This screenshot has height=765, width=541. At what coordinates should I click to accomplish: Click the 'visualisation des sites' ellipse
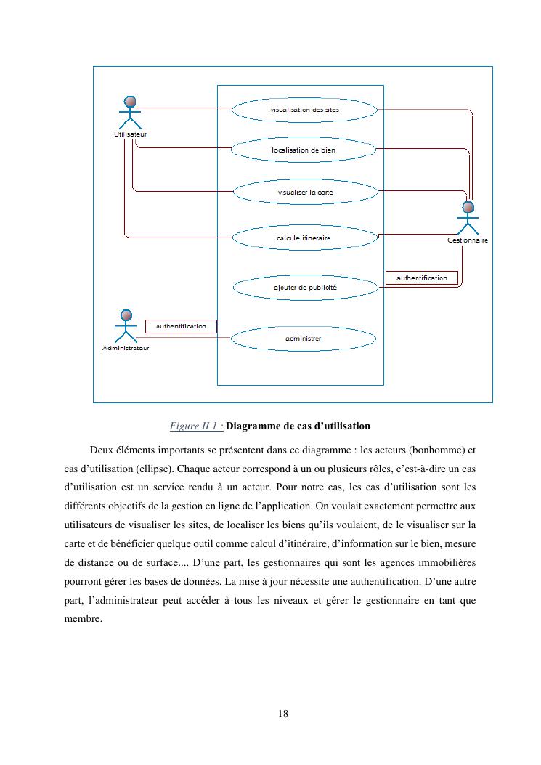[304, 110]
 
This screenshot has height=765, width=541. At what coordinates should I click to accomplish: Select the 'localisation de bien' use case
[304, 150]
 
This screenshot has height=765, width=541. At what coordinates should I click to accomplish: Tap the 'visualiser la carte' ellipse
[305, 193]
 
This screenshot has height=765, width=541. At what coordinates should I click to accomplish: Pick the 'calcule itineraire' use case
[304, 238]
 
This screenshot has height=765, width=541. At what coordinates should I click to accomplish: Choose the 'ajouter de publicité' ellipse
[305, 288]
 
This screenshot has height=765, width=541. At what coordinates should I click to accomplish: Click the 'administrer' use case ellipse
[304, 339]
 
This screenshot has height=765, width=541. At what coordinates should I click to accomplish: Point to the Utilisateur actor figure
[130, 113]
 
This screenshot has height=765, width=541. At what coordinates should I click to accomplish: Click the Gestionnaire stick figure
[468, 217]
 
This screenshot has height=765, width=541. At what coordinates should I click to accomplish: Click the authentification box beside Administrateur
[181, 326]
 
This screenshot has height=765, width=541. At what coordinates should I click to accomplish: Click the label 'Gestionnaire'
[468, 240]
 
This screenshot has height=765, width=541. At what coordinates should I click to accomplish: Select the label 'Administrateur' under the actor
[126, 348]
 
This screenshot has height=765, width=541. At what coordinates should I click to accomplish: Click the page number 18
[283, 713]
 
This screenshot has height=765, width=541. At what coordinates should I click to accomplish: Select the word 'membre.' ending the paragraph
[83, 620]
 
